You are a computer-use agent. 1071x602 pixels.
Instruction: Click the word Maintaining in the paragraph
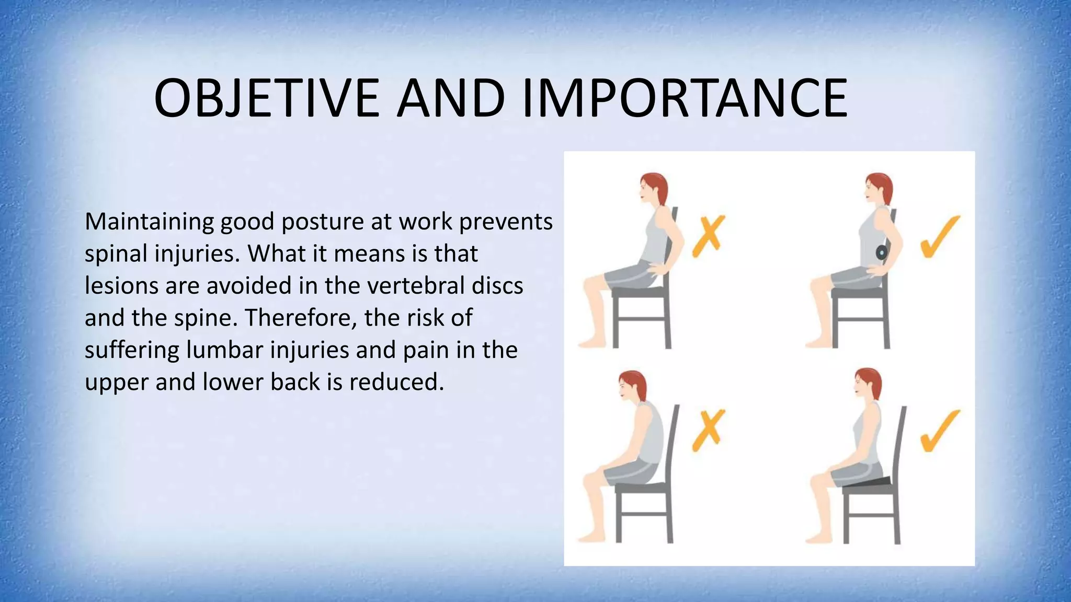point(149,222)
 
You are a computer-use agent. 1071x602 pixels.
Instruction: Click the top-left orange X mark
point(708,236)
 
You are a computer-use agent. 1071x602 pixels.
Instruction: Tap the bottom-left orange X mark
point(708,430)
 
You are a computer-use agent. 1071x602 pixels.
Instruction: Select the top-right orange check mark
point(939,237)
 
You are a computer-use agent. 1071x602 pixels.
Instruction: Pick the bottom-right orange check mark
point(939,430)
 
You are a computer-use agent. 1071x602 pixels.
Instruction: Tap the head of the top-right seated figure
point(878,188)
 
